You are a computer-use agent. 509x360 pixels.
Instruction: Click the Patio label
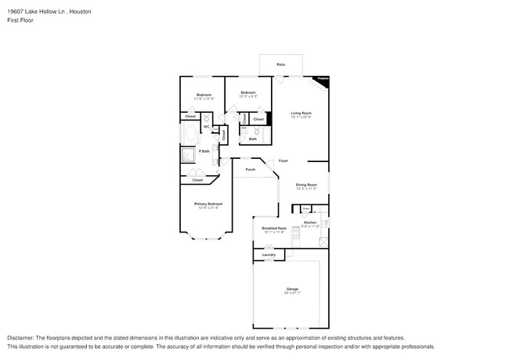(x=280, y=64)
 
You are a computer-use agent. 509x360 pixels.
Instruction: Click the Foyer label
(x=283, y=160)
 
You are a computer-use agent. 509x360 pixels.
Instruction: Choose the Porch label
(x=251, y=169)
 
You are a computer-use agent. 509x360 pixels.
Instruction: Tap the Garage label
(x=292, y=290)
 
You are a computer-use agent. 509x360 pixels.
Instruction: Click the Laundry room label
(x=269, y=254)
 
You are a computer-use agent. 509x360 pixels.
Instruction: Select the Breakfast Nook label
(x=274, y=229)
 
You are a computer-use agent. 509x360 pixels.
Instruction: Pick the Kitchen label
(x=309, y=224)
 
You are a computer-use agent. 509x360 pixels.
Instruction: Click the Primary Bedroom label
(x=208, y=204)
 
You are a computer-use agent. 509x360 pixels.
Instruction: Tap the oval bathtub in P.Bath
(x=190, y=134)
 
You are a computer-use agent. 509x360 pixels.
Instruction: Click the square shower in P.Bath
(x=189, y=154)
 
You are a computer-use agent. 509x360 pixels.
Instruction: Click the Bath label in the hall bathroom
(x=253, y=139)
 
